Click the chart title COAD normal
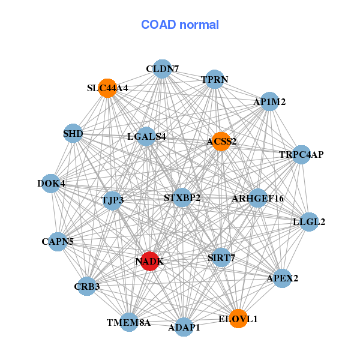180,25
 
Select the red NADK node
149,261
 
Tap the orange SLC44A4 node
107,88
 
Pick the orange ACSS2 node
221,142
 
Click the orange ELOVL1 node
238,319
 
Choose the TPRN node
215,79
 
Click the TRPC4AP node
301,155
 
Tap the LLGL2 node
309,222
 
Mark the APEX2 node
283,278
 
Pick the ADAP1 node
184,327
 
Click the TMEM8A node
129,322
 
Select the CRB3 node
88,286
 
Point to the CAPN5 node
58,242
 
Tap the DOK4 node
51,183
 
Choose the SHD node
73,133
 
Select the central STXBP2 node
182,197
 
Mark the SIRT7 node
221,257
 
